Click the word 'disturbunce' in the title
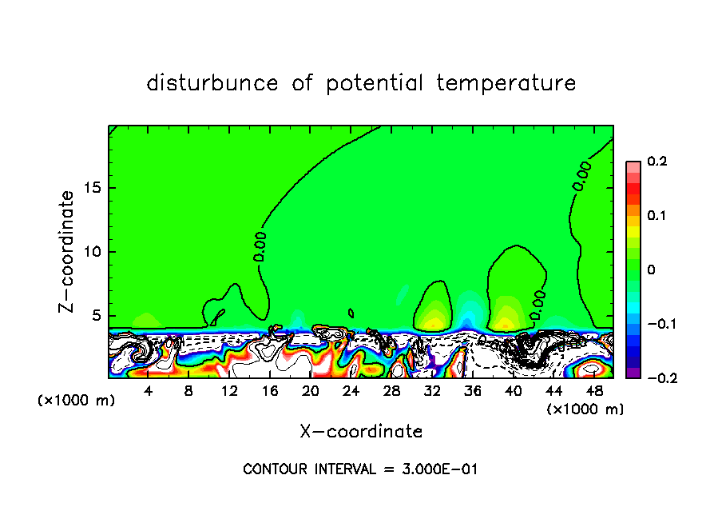point(212,83)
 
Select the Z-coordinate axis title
point(69,251)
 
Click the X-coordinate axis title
point(361,432)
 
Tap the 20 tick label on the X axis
point(311,391)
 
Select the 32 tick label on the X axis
point(432,391)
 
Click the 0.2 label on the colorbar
point(657,162)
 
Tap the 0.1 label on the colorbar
point(657,216)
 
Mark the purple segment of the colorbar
point(633,373)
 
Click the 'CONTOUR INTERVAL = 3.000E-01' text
point(360,469)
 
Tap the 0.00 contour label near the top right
point(581,175)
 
